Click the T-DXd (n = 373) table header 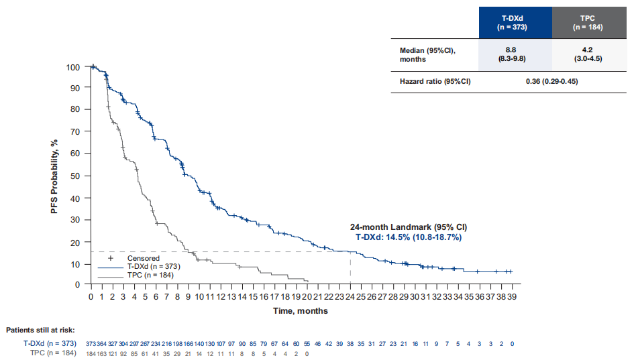click(515, 23)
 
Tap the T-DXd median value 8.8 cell click(515, 54)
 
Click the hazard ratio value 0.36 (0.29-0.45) click(551, 81)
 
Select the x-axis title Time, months click(301, 311)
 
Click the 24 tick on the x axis click(350, 296)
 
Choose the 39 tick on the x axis click(512, 296)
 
